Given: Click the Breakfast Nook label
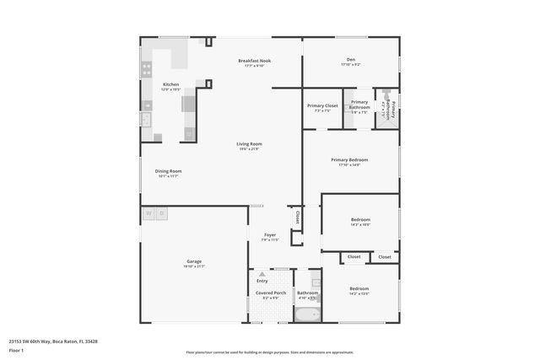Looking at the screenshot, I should (x=254, y=61).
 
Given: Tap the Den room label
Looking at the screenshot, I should (x=351, y=59).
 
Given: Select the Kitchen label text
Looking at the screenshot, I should (x=170, y=84).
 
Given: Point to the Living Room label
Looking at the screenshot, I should (x=249, y=144).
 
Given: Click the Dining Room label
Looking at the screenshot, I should (x=168, y=171).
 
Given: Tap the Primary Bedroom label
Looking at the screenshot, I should (x=349, y=159).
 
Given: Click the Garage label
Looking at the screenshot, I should (x=193, y=261).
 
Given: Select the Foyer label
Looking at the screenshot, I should (x=270, y=235).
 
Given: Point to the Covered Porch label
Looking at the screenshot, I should (x=271, y=293).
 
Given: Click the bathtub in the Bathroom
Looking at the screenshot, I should (x=307, y=315).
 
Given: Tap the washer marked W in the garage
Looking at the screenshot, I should (x=148, y=213).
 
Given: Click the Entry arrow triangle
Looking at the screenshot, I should (x=262, y=275).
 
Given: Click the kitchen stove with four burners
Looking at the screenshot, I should (x=147, y=67).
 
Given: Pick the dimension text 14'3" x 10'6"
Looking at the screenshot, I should (x=360, y=225).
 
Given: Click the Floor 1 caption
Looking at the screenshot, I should (x=16, y=350).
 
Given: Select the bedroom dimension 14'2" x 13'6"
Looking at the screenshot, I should (x=359, y=294).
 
